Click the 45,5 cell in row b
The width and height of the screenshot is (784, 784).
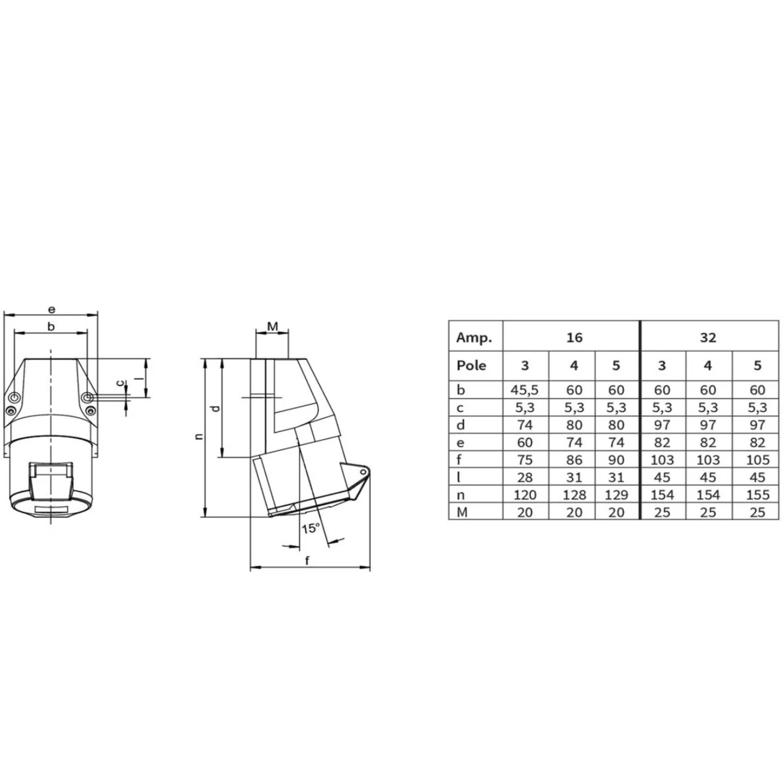[525, 390]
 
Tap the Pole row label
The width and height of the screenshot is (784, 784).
[471, 365]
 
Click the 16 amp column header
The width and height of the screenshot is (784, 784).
[574, 337]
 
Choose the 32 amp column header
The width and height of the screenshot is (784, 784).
[708, 337]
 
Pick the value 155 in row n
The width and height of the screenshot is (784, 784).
[757, 495]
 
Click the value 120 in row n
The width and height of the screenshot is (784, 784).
[525, 495]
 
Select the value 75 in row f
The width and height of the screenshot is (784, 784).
[525, 460]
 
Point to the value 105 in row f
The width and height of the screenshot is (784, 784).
[757, 460]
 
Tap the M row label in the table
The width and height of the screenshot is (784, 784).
[462, 513]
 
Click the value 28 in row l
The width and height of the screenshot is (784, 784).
[525, 477]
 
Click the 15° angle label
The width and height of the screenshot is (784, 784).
[310, 528]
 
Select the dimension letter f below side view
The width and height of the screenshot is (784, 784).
[307, 560]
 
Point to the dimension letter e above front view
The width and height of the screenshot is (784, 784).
[51, 310]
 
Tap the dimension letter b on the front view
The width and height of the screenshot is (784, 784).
[51, 327]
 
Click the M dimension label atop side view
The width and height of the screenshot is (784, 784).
[273, 327]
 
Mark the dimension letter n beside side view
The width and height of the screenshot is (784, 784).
[199, 436]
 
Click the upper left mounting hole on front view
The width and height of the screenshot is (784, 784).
[15, 398]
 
